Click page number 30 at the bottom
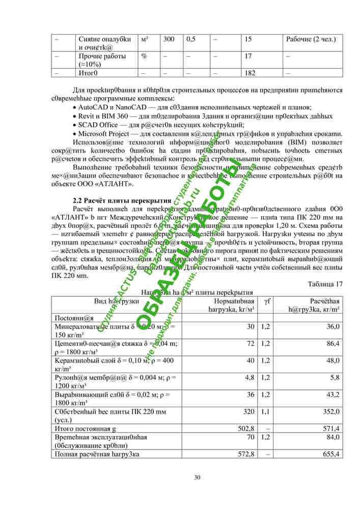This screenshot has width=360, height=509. coord(198,477)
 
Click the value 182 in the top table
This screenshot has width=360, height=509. coord(250,73)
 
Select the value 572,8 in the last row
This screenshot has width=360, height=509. coord(246,454)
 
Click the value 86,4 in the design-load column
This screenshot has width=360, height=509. coord(333,344)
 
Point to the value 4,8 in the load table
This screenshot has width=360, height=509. coord(250,377)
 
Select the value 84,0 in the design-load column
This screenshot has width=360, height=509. coord(333,437)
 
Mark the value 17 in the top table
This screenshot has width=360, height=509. coord(248,56)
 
